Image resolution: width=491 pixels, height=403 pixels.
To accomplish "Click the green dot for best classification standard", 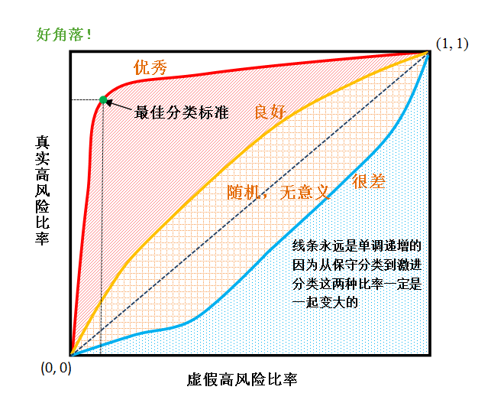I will pyautogui.click(x=102, y=99).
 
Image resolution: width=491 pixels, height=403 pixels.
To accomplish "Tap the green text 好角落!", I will pyautogui.click(x=65, y=34).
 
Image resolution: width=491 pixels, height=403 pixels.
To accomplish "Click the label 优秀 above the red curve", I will pyautogui.click(x=150, y=67).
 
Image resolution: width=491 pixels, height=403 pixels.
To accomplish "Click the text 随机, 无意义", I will pyautogui.click(x=278, y=193).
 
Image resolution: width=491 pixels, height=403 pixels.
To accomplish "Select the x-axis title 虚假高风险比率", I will pyautogui.click(x=242, y=379).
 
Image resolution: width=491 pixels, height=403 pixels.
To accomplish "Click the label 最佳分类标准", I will pyautogui.click(x=181, y=110).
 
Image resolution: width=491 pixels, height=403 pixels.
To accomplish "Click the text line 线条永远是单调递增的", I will pyautogui.click(x=357, y=246).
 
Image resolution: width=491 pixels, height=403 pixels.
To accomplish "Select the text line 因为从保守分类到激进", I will pyautogui.click(x=357, y=265).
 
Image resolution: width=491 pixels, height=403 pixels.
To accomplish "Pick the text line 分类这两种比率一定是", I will pyautogui.click(x=357, y=284).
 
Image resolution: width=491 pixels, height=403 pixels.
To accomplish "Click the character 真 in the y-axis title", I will pyautogui.click(x=42, y=142).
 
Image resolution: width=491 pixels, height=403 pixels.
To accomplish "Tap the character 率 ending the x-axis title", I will pyautogui.click(x=289, y=379).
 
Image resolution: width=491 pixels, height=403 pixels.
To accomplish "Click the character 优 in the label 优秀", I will pyautogui.click(x=141, y=67).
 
